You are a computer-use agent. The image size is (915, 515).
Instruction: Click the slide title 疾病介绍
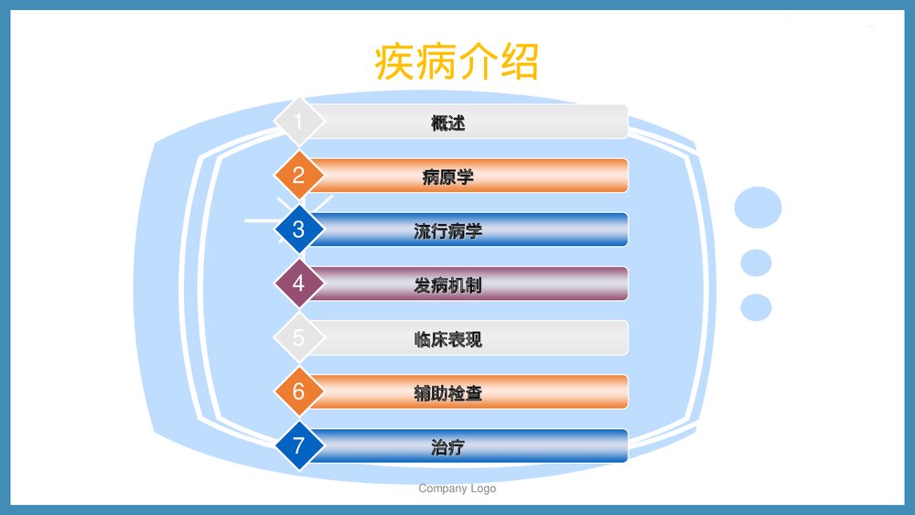(457, 62)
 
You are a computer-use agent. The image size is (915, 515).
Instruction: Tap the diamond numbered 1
(298, 121)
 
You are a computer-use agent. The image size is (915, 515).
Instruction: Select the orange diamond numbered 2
(298, 175)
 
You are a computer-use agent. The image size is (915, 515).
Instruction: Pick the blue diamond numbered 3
(298, 229)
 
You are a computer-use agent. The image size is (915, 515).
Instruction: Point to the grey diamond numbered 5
(298, 338)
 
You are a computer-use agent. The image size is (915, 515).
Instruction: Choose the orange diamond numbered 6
(298, 392)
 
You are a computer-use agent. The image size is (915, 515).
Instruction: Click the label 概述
(448, 122)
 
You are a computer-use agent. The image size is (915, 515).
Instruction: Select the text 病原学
(448, 177)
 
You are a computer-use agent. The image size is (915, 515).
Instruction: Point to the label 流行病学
(448, 231)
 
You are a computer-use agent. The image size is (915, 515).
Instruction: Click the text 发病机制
(448, 284)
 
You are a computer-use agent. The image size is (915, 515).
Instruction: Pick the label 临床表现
(448, 339)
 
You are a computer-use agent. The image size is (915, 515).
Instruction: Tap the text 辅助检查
(448, 393)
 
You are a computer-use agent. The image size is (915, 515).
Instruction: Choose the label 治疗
(448, 447)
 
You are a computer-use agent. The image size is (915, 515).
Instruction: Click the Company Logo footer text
(457, 488)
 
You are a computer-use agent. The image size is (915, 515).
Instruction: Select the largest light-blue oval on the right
(758, 207)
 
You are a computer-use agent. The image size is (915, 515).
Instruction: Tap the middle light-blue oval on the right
(756, 263)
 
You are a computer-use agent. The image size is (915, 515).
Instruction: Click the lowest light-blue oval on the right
(756, 307)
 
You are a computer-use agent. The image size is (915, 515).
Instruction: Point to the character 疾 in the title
(395, 62)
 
